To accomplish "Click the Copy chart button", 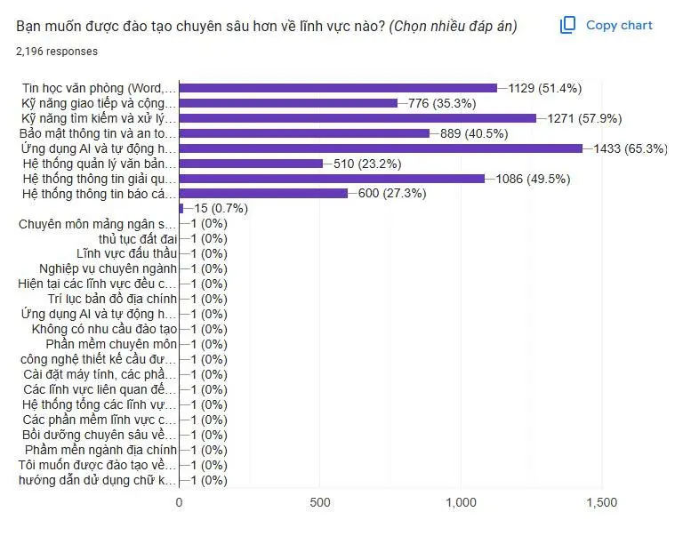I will click(607, 26).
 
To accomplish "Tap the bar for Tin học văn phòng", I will click(338, 88).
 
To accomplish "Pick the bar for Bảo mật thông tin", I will click(304, 133).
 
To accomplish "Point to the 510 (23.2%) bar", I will click(251, 164).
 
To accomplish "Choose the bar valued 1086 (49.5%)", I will click(332, 179).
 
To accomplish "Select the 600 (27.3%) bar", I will click(263, 194).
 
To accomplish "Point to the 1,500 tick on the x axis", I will click(602, 502).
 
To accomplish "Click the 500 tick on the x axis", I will click(320, 502).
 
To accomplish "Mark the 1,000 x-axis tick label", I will click(461, 502).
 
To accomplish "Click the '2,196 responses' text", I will click(57, 52).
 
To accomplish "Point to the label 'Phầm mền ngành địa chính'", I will click(103, 451).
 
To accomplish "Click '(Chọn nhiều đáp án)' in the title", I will click(454, 26).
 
